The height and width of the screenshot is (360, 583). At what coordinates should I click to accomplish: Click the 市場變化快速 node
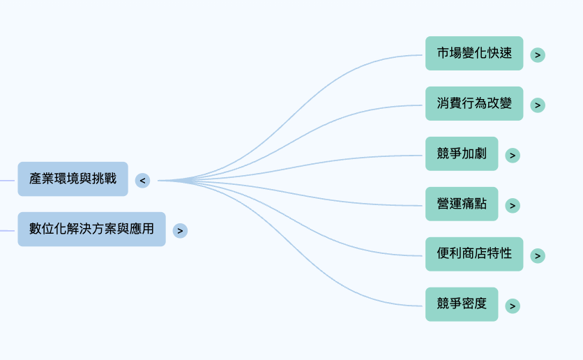474,53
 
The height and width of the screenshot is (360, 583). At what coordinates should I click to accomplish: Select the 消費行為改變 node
474,103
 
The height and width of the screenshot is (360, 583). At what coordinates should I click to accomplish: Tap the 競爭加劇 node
462,153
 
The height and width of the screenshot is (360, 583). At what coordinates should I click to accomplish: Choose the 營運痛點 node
462,204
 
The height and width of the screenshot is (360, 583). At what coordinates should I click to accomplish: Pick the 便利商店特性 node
474,254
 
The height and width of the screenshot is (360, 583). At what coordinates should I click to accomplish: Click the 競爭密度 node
462,304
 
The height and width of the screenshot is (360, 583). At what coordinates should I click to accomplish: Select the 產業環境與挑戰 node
73,179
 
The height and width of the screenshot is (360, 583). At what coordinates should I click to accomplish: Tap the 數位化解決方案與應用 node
91,229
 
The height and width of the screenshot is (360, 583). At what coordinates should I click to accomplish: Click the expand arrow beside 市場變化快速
538,54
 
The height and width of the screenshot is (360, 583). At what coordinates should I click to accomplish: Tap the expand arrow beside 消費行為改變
538,105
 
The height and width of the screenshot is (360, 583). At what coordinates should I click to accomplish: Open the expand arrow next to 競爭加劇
513,156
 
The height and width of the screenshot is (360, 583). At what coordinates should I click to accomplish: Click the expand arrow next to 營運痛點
513,206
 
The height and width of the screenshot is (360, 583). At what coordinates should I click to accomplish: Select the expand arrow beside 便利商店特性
538,256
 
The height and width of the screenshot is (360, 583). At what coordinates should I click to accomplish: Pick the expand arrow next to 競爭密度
513,306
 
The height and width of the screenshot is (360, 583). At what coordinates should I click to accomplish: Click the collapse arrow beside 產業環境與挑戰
142,181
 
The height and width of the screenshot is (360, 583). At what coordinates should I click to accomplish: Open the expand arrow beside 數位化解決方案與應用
180,231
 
